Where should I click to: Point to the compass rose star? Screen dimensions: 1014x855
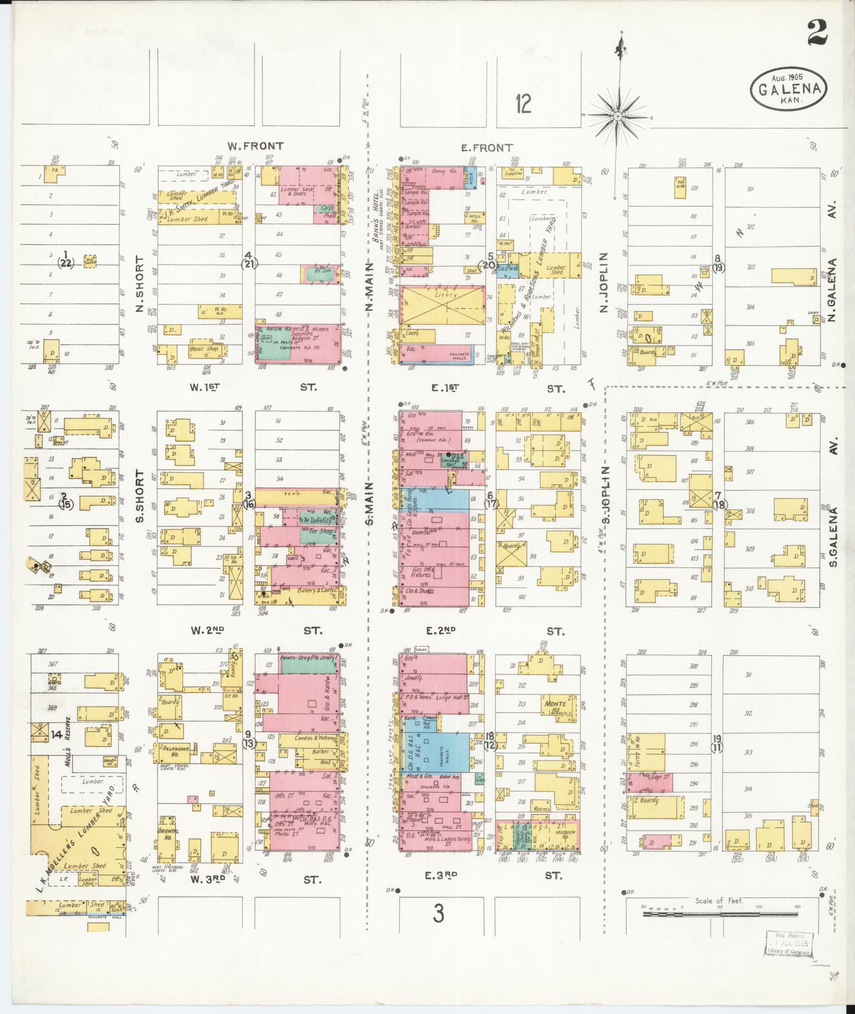(x=618, y=116)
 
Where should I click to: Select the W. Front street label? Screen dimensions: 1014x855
(x=255, y=146)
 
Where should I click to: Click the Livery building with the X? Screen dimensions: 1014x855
(x=444, y=306)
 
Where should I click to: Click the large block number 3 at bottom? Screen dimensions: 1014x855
(x=438, y=913)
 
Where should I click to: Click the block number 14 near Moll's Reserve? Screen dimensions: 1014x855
(x=57, y=735)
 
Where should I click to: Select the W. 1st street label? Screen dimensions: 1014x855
(x=205, y=387)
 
